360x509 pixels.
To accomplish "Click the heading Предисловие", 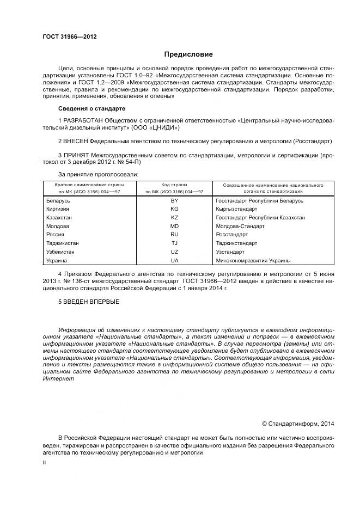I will coord(188,54).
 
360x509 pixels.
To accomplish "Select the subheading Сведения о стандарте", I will coord(91,108).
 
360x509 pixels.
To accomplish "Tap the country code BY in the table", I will coord(174,201).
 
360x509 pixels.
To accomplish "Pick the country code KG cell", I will coord(174,209).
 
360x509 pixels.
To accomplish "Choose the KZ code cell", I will coord(174,218).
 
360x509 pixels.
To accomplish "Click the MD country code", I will coord(174,226).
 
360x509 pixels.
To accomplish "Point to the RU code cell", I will coord(174,235).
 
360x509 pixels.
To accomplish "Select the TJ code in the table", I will coord(174,243).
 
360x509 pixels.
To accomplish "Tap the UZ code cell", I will coord(174,252).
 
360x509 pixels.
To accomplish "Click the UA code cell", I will coord(174,261).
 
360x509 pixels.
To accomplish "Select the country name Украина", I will coord(57,261).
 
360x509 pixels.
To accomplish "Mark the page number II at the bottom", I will coord(45,462).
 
